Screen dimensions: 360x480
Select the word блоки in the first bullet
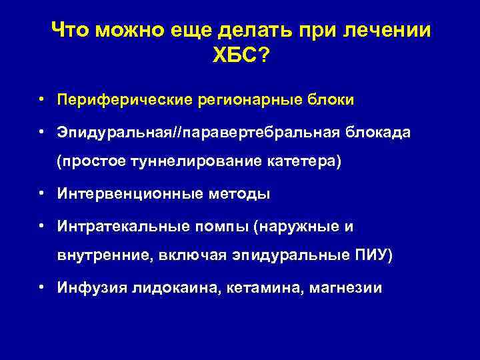pyautogui.click(x=331, y=101)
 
